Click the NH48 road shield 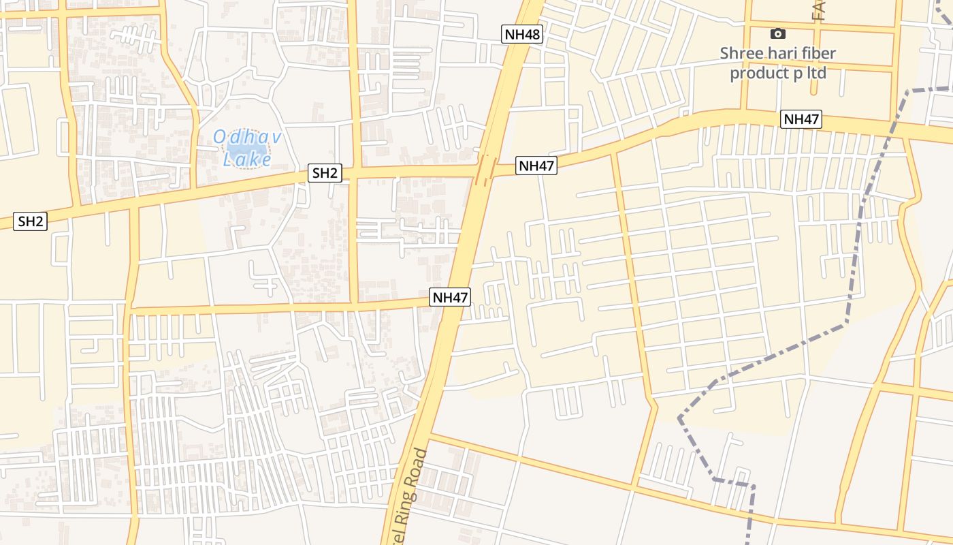click(522, 34)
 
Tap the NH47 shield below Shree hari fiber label click(801, 119)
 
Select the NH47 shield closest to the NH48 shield click(536, 166)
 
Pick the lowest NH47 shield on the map click(450, 297)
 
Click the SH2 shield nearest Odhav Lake click(325, 173)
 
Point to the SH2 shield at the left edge click(31, 221)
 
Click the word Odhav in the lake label click(247, 137)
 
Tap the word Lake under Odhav click(248, 160)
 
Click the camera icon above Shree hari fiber click(777, 33)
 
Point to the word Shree click(743, 53)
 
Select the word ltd click(816, 72)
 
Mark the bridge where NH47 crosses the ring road click(485, 169)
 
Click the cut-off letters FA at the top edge click(818, 10)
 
